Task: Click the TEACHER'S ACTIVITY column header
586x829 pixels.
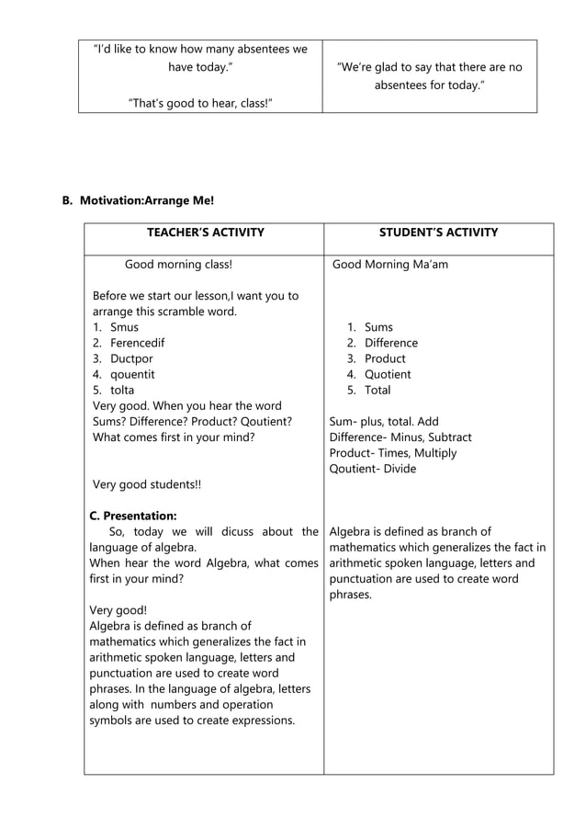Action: click(205, 233)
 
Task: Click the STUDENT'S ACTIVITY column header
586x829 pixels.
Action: click(438, 233)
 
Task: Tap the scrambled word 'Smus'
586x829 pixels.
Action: click(124, 327)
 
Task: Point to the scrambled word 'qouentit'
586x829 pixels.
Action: click(132, 374)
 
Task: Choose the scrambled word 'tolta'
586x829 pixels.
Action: click(122, 390)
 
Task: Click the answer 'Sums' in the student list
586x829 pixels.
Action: click(378, 327)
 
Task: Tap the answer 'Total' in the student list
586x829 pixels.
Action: click(378, 390)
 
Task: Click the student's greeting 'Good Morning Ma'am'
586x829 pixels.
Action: click(390, 265)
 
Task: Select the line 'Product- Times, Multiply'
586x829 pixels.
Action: click(392, 453)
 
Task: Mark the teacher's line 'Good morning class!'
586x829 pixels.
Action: click(178, 265)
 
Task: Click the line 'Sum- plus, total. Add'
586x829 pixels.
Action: click(384, 422)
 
